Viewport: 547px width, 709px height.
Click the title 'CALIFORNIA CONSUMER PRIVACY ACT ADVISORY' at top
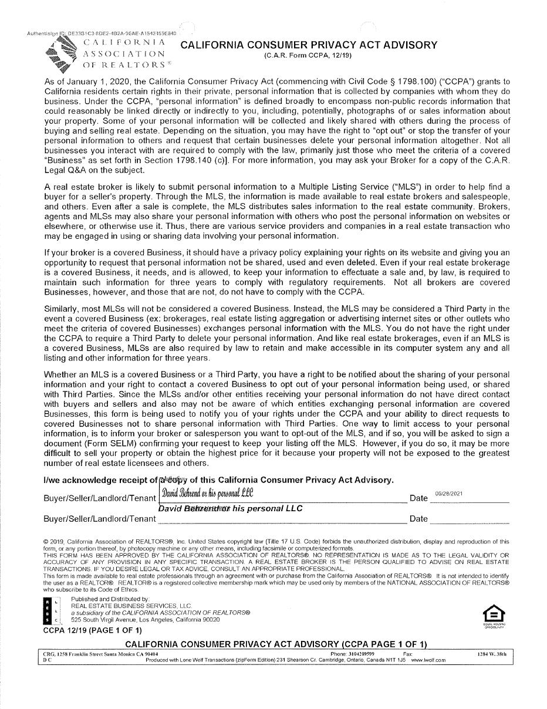309,45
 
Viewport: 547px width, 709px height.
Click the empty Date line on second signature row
469,519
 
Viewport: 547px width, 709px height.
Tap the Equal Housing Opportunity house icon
493,614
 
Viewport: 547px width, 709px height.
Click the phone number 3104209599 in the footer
363,653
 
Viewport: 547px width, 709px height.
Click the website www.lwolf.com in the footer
428,660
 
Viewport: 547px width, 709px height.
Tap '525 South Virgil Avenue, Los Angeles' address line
146,620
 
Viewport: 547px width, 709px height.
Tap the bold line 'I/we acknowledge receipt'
100,480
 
